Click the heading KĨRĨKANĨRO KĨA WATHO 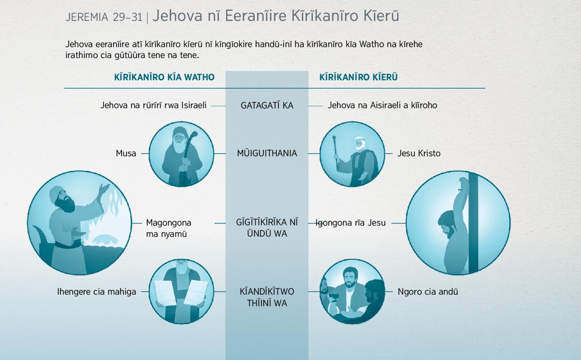pyautogui.click(x=164, y=77)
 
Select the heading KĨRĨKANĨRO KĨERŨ pyautogui.click(x=358, y=77)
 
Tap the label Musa pyautogui.click(x=126, y=153)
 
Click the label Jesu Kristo pyautogui.click(x=419, y=153)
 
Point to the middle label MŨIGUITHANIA pyautogui.click(x=267, y=153)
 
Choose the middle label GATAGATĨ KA pyautogui.click(x=267, y=105)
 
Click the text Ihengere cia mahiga pyautogui.click(x=96, y=292)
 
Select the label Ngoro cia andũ pyautogui.click(x=428, y=292)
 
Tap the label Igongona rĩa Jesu pyautogui.click(x=351, y=223)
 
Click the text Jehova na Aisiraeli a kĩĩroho pyautogui.click(x=382, y=105)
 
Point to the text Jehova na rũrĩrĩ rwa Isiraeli pyautogui.click(x=153, y=105)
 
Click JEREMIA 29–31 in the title pyautogui.click(x=104, y=17)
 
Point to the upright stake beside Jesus pyautogui.click(x=474, y=223)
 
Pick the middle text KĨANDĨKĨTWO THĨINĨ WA pyautogui.click(x=267, y=297)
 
